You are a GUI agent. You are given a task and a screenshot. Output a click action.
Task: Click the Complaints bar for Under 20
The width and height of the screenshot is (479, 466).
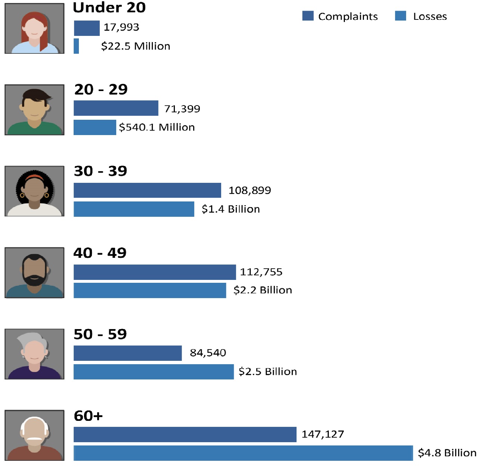(x=87, y=28)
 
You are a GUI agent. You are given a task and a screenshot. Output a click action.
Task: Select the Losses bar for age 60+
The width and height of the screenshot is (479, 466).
(x=243, y=453)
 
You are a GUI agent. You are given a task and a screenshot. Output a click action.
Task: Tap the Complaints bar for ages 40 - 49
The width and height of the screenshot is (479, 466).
(x=155, y=272)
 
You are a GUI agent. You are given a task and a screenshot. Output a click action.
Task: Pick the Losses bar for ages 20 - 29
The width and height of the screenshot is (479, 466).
(x=95, y=127)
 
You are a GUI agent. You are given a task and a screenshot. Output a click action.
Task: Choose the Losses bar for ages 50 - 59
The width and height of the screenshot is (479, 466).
(x=154, y=372)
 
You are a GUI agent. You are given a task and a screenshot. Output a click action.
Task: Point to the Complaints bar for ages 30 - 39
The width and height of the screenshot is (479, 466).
(x=147, y=190)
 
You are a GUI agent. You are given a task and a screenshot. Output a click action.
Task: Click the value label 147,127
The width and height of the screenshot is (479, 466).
(x=323, y=434)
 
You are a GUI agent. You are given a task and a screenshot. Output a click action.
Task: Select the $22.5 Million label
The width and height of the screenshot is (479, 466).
(x=136, y=46)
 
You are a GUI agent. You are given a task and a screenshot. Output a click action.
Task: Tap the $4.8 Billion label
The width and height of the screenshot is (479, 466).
(x=447, y=453)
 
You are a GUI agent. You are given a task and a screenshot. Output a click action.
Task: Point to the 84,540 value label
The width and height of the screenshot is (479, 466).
(x=208, y=353)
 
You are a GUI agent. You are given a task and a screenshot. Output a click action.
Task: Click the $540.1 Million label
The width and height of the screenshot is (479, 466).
(x=157, y=128)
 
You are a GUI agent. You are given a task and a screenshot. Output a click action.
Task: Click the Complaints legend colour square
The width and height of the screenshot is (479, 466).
(x=308, y=16)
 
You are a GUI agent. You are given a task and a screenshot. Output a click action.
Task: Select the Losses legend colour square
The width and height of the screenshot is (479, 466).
(x=401, y=16)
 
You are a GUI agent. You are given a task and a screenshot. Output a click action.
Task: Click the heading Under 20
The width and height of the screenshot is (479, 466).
(x=109, y=7)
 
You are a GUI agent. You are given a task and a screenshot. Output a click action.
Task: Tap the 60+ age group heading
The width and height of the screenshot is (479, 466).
(x=88, y=416)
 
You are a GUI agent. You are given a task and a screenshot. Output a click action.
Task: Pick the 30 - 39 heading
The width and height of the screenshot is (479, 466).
(x=101, y=171)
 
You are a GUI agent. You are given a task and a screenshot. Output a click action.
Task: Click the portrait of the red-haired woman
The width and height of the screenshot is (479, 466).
(x=34, y=29)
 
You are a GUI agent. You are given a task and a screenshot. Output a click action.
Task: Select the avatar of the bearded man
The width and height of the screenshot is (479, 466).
(x=34, y=272)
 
